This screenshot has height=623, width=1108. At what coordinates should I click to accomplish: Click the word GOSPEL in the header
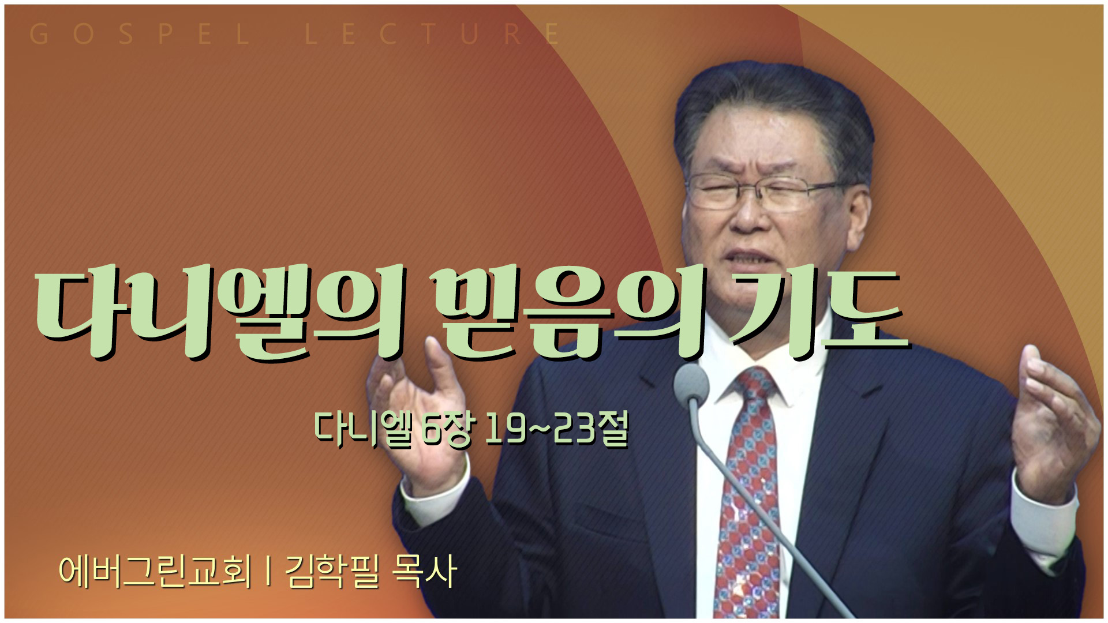pyautogui.click(x=139, y=35)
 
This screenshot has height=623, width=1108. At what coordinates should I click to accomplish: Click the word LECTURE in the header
pyautogui.click(x=433, y=35)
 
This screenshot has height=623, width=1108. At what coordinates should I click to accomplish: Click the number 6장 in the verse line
pyautogui.click(x=447, y=429)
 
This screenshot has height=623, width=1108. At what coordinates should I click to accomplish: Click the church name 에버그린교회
pyautogui.click(x=156, y=571)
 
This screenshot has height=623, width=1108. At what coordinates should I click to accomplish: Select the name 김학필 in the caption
pyautogui.click(x=332, y=571)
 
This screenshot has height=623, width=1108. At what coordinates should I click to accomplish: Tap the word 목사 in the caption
pyautogui.click(x=424, y=571)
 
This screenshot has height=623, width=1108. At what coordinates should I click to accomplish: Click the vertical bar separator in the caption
pyautogui.click(x=269, y=571)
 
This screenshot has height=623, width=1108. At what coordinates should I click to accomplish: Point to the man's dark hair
pyautogui.click(x=773, y=110)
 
